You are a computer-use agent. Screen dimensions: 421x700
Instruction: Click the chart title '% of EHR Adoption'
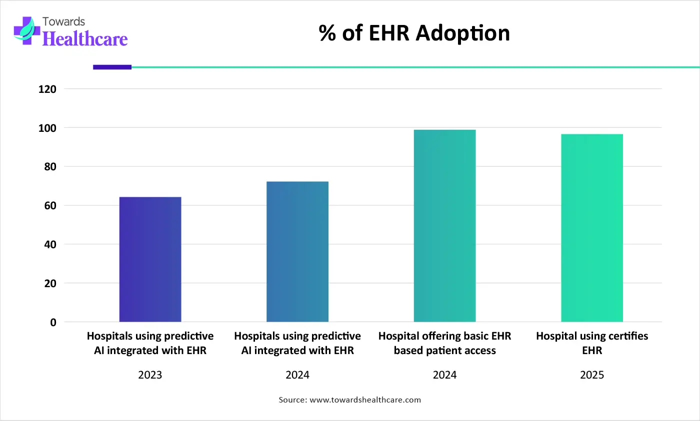coord(414,33)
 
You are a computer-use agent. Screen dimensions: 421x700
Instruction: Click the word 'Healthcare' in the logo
coord(85,39)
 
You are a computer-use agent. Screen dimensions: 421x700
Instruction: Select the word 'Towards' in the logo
coord(64,21)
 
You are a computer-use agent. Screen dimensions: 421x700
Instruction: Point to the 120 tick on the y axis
coord(49,89)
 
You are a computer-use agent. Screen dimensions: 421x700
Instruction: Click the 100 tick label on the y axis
coord(49,128)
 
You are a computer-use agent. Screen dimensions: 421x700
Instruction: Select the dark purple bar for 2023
coord(150,260)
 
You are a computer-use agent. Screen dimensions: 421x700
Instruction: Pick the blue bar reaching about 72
coord(297,252)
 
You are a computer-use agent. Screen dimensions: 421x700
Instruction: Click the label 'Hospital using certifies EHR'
coord(592,343)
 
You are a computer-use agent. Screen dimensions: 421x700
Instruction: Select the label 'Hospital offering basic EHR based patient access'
coord(444,343)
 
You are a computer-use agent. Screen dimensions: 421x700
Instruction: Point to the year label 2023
coord(150,375)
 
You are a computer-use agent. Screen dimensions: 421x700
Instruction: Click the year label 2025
coord(592,375)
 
